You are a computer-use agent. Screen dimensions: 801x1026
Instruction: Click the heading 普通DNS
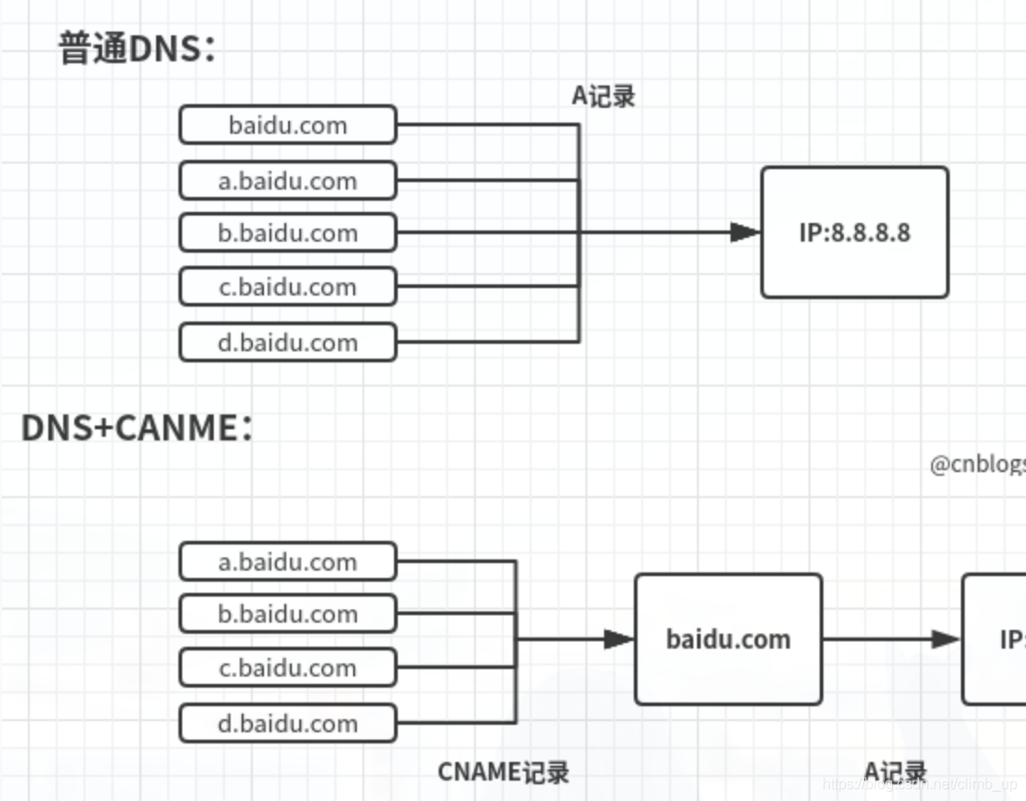point(138,48)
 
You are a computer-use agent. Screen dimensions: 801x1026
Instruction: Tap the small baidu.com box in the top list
point(288,125)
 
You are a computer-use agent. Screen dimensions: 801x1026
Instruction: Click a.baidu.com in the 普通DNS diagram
point(288,180)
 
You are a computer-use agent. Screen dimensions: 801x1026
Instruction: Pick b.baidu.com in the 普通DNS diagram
point(288,232)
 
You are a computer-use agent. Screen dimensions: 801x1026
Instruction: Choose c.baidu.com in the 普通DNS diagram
point(288,287)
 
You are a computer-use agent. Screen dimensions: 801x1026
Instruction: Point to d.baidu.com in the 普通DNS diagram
point(288,342)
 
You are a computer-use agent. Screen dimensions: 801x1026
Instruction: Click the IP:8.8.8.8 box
point(854,232)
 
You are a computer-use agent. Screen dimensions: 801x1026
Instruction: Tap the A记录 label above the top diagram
point(603,96)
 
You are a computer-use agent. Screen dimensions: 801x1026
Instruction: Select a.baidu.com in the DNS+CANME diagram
point(288,561)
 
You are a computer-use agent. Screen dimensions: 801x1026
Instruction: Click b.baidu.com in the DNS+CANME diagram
point(288,613)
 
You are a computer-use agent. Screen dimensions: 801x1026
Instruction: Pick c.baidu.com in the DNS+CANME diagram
point(288,667)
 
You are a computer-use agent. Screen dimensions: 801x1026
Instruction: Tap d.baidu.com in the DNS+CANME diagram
point(288,723)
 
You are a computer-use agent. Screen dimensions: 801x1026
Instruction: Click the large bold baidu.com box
point(729,639)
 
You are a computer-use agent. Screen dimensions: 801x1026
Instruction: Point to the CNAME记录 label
point(503,771)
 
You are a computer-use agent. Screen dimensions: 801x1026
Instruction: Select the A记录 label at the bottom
point(895,771)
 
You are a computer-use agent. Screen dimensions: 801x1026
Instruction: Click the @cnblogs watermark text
point(977,464)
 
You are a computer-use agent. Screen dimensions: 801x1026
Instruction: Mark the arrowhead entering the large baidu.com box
point(619,639)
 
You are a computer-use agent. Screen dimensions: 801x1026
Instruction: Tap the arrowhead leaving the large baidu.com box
point(946,639)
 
